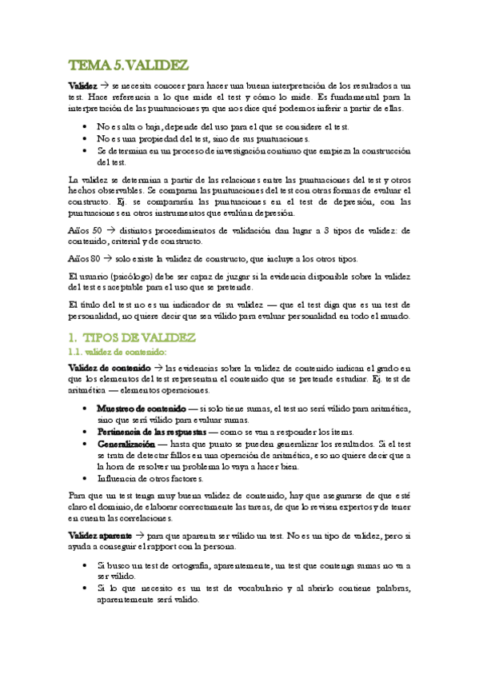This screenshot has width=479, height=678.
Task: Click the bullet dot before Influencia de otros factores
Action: (x=86, y=480)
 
